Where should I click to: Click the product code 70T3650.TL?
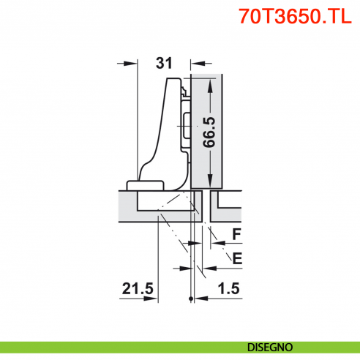(x=296, y=18)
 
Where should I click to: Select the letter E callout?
(x=236, y=258)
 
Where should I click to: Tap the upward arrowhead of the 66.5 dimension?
(x=211, y=81)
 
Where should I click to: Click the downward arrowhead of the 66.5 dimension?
(x=211, y=182)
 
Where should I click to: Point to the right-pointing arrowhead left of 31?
(x=133, y=63)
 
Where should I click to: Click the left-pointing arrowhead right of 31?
(x=195, y=63)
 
